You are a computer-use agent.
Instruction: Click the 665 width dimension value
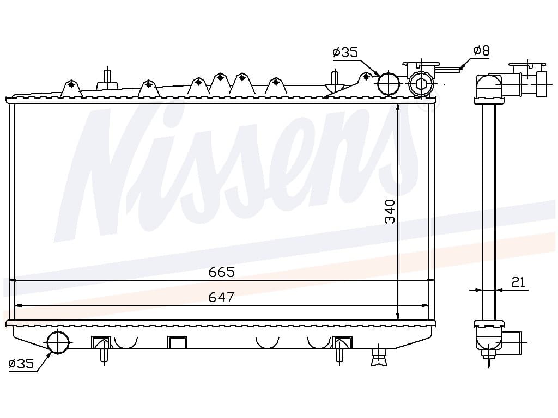coord(222,272)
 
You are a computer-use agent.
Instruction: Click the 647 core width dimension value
coord(222,297)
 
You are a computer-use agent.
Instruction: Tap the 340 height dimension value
coord(390,212)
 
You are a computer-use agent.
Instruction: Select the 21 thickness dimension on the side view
coord(518,282)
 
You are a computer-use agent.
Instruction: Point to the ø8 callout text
coord(482,51)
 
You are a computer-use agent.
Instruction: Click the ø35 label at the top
coord(345,53)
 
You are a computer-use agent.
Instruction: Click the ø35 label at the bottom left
coord(21,363)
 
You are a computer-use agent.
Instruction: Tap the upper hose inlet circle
coord(388,83)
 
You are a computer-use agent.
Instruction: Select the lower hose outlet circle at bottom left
coord(58,342)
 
